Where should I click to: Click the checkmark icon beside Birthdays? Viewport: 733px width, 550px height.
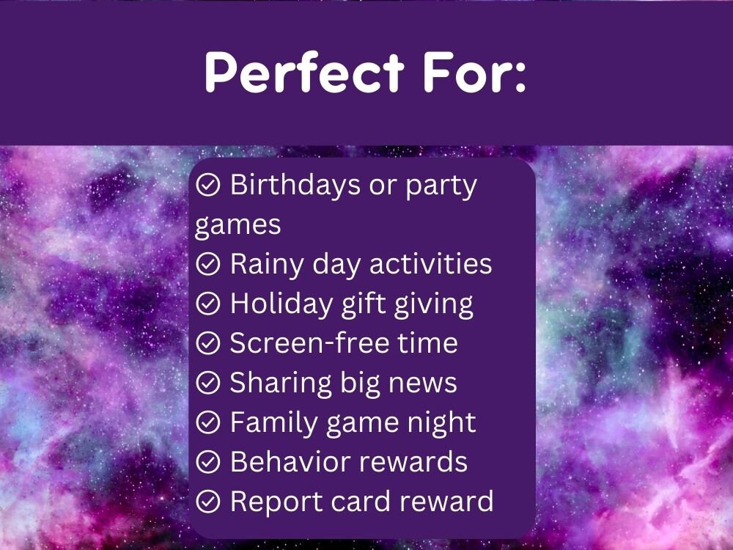tap(208, 186)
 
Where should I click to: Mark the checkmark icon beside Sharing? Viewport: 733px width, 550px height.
tap(208, 384)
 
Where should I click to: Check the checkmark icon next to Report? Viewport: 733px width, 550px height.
tap(208, 502)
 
